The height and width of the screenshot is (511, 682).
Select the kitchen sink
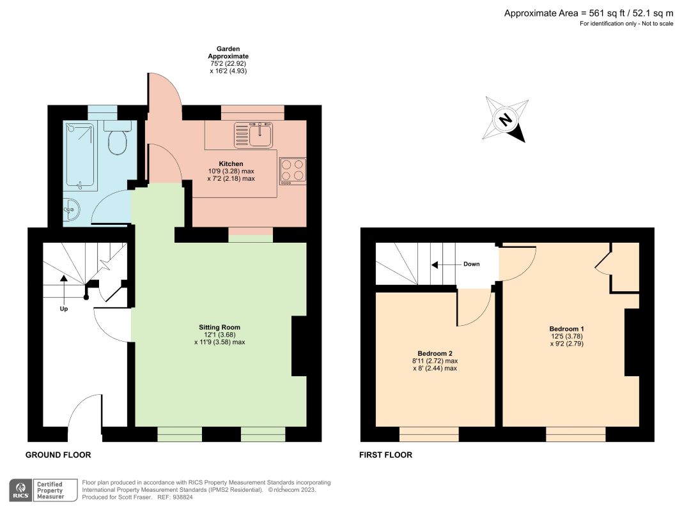tap(253, 135)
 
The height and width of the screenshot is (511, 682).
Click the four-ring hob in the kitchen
tap(293, 171)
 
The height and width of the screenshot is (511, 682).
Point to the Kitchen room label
tap(231, 164)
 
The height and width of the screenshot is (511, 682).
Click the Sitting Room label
tap(220, 327)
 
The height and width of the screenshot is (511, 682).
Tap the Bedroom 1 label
tap(567, 329)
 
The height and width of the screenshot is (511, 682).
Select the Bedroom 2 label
tap(435, 354)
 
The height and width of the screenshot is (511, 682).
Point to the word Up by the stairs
tap(64, 309)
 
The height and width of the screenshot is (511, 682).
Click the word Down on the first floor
tap(472, 264)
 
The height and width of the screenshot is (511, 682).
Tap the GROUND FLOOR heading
tap(58, 455)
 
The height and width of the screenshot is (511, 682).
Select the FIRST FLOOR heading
tap(386, 455)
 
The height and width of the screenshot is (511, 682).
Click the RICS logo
tap(20, 490)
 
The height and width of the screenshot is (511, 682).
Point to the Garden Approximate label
tap(228, 52)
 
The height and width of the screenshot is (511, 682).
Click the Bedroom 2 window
tap(429, 434)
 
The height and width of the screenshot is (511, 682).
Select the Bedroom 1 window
tap(575, 434)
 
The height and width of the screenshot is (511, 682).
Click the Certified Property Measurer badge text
tap(50, 490)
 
